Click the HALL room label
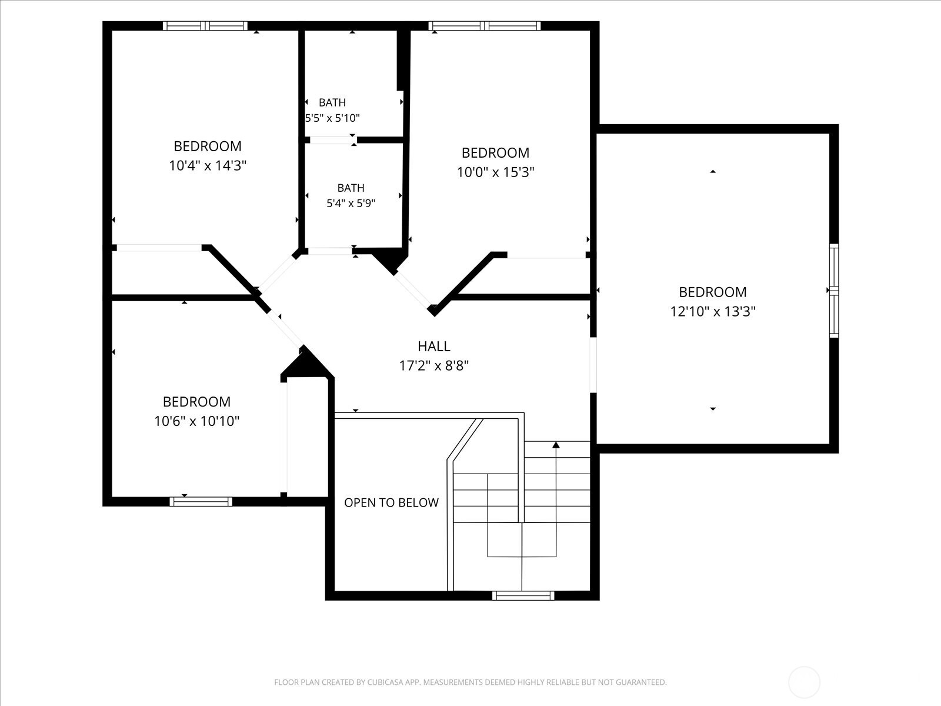pos(434,346)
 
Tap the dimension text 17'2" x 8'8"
pos(434,365)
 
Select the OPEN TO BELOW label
pos(392,502)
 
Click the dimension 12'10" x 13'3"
pos(712,311)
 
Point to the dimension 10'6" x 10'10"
pos(197,421)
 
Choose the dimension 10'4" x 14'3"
pos(208,165)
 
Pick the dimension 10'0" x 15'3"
pos(496,172)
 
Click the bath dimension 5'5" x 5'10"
pos(332,118)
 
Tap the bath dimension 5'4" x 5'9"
pos(351,203)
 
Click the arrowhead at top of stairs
pos(556,445)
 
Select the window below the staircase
pos(523,596)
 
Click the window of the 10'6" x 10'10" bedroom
pos(201,501)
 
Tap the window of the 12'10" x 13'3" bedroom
pos(834,291)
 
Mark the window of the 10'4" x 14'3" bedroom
pos(205,26)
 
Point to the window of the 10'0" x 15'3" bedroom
pos(485,26)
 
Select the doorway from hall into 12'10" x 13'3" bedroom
pos(593,365)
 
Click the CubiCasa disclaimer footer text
pos(470,682)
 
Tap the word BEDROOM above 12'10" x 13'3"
pos(712,292)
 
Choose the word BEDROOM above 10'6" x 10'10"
pos(197,402)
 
